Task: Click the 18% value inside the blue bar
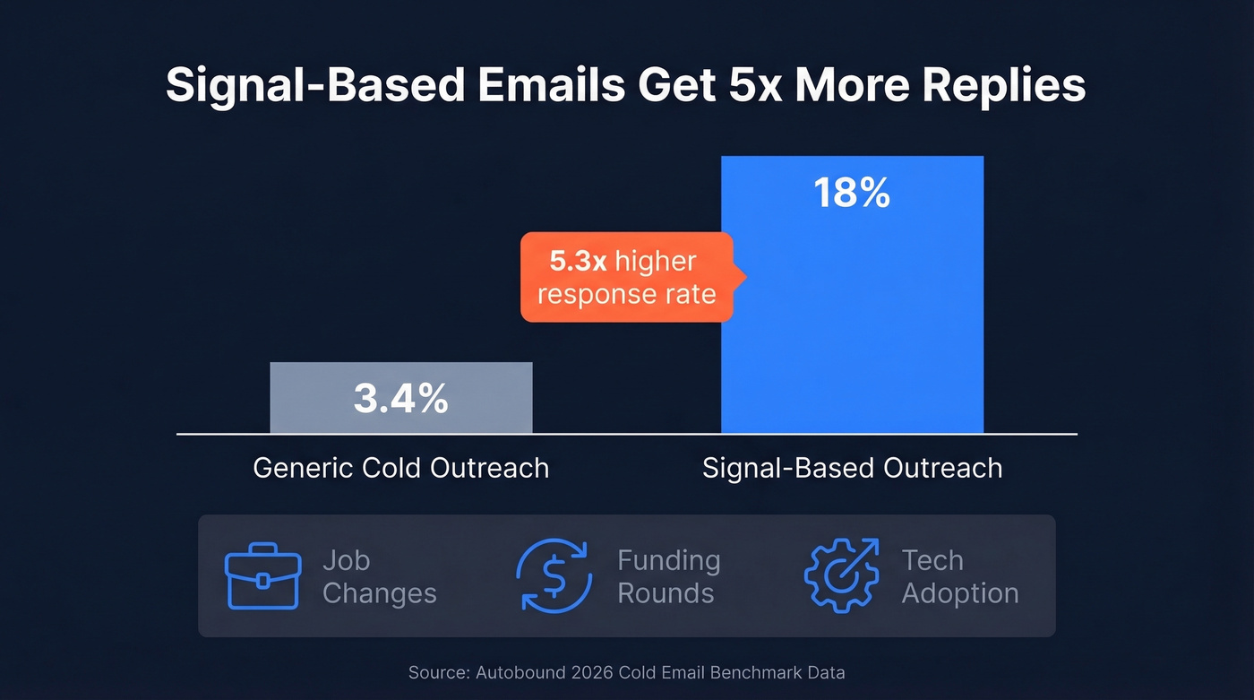pyautogui.click(x=851, y=194)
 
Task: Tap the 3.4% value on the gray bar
pyautogui.click(x=400, y=399)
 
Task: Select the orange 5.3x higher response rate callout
pyautogui.click(x=627, y=278)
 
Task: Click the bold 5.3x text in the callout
pyautogui.click(x=579, y=262)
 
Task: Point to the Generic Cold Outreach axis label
pyautogui.click(x=400, y=468)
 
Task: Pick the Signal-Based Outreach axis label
pyautogui.click(x=852, y=468)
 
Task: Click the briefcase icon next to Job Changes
pyautogui.click(x=262, y=576)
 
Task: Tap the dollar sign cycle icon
pyautogui.click(x=554, y=576)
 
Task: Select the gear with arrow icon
pyautogui.click(x=841, y=576)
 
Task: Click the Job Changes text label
pyautogui.click(x=379, y=576)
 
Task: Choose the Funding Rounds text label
pyautogui.click(x=668, y=576)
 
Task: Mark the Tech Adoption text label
pyautogui.click(x=959, y=576)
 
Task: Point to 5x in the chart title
pyautogui.click(x=749, y=87)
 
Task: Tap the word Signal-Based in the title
pyautogui.click(x=315, y=87)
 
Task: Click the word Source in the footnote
pyautogui.click(x=433, y=672)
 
